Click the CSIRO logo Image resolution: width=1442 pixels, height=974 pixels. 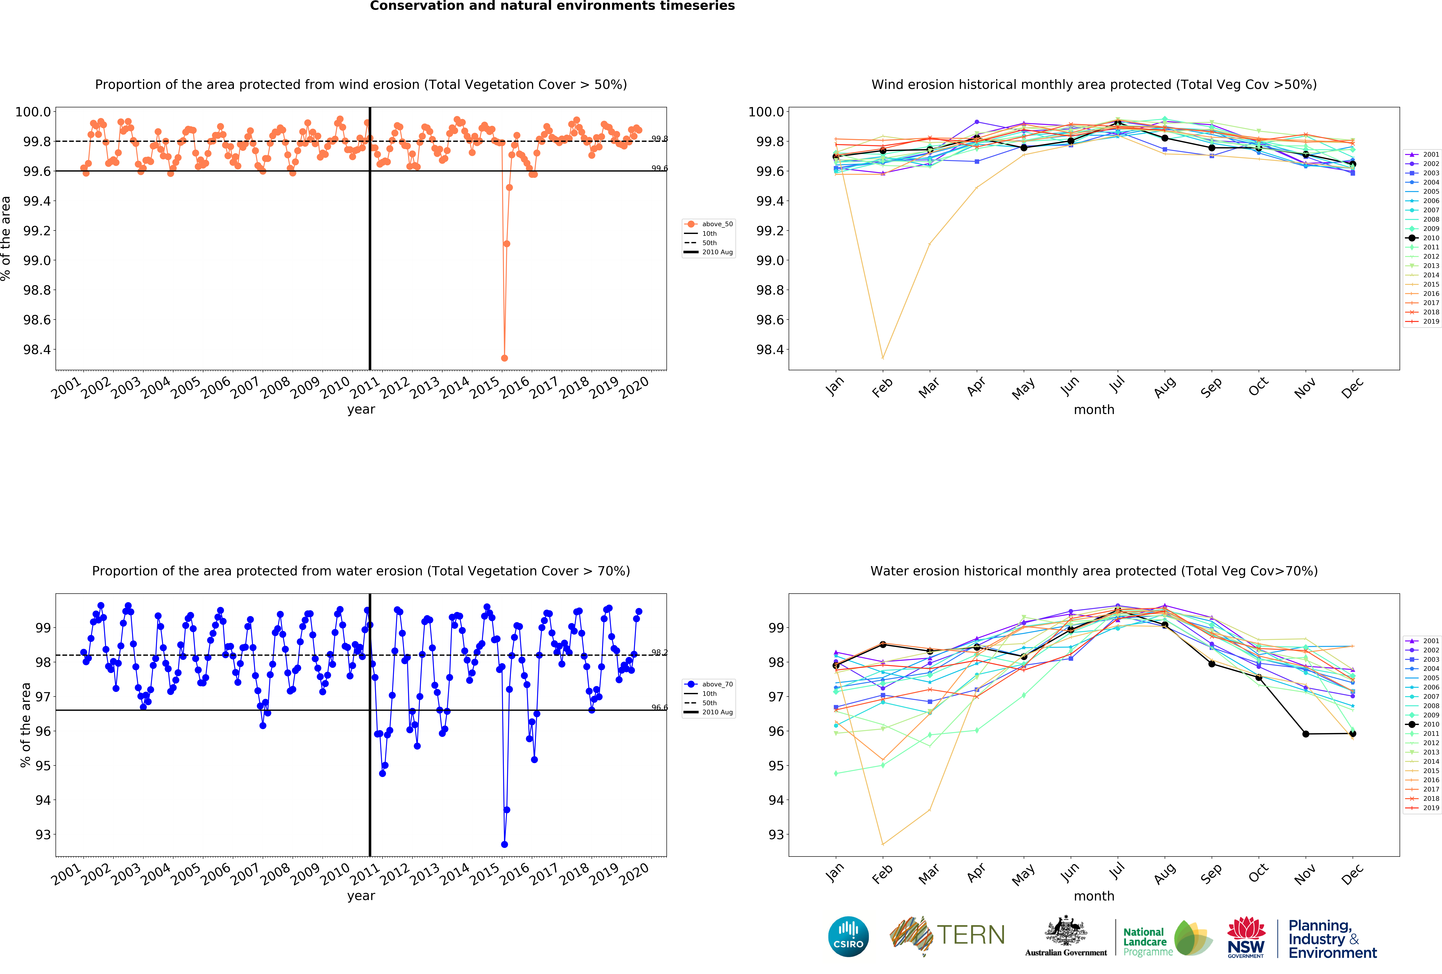coord(848,936)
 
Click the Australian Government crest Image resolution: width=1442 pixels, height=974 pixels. coord(1065,931)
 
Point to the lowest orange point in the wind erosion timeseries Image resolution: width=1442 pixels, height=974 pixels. coord(504,358)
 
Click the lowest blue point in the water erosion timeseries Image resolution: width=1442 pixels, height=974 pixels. coord(504,844)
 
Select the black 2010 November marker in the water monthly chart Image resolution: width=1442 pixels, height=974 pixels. coord(1305,734)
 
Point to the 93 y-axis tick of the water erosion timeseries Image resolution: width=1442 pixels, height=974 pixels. coord(43,834)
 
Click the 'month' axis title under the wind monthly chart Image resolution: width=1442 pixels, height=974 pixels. coord(1094,409)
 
